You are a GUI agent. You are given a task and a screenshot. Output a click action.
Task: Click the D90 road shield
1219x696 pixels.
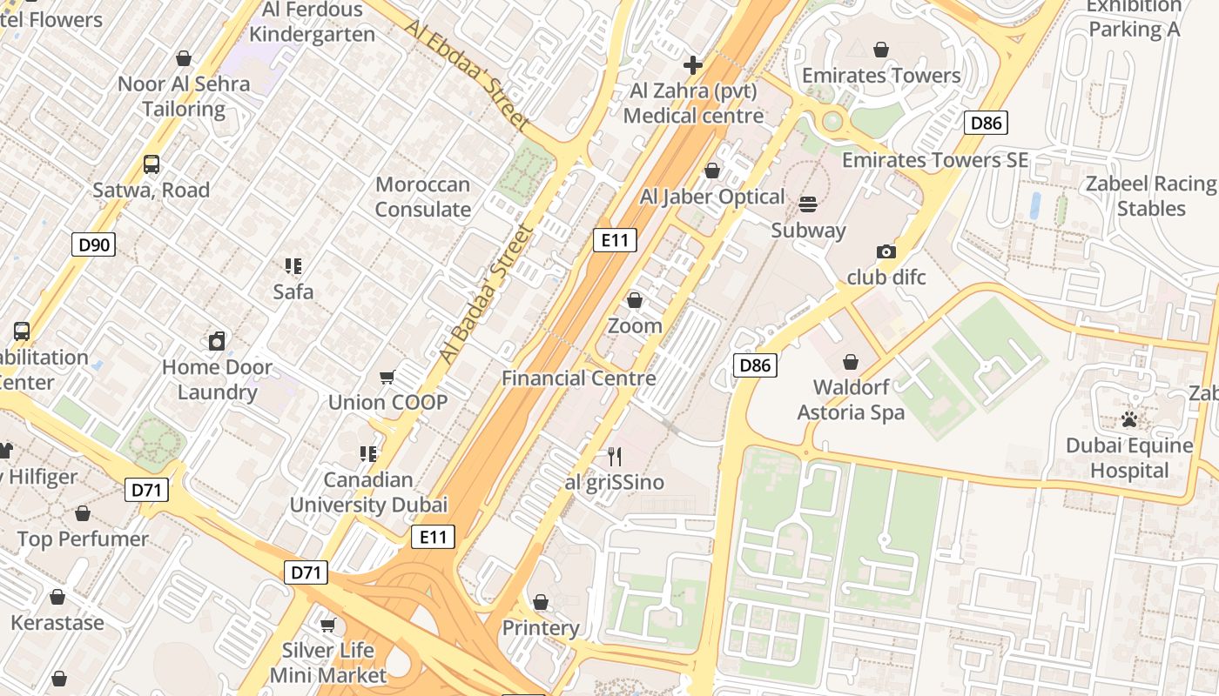coord(94,244)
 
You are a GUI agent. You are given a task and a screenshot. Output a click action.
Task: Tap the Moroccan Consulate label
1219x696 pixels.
coord(423,197)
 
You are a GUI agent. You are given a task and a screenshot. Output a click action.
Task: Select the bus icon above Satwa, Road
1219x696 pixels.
coord(152,164)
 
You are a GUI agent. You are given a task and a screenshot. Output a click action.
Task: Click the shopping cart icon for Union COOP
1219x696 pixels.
coord(387,377)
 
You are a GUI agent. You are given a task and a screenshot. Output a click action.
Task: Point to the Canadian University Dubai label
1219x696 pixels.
coord(368,492)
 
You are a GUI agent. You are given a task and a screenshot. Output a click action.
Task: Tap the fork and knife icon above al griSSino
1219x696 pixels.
coord(615,457)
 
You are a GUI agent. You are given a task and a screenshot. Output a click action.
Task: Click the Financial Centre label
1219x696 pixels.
coord(578,378)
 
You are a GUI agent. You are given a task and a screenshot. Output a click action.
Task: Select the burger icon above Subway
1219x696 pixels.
coord(808,204)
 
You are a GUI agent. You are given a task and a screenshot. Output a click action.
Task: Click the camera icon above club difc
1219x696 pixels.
coord(886,252)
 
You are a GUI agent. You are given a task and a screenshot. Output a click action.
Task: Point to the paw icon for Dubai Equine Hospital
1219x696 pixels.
coord(1129,420)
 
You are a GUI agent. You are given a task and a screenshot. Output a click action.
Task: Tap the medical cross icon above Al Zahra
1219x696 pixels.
coord(693,65)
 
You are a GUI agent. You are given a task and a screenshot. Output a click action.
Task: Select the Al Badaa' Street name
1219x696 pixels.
coord(485,294)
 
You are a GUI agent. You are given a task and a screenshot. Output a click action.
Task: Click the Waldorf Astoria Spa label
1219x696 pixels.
coord(851,399)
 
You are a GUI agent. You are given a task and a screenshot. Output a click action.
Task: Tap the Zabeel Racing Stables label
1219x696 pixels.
coord(1150,197)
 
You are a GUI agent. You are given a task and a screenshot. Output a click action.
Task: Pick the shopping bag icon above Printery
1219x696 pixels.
coord(541,602)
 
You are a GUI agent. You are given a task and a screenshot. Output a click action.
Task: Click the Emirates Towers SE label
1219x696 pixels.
coord(934,160)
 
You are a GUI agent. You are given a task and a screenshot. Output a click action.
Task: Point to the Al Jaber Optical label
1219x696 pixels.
coord(712,197)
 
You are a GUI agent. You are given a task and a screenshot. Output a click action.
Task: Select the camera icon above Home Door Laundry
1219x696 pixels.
coord(217,341)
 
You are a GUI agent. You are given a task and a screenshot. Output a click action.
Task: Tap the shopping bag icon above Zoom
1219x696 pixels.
coord(635,300)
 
